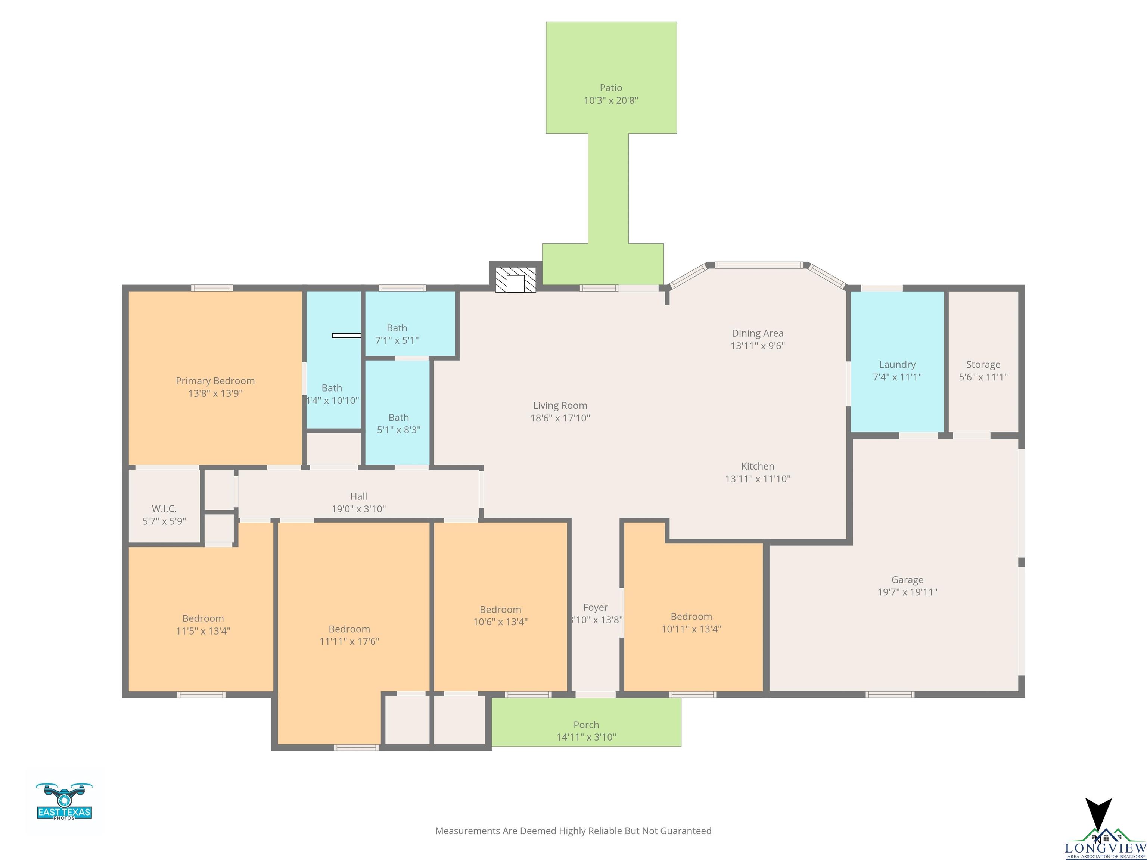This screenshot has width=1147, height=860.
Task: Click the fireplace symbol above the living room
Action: [x=515, y=280]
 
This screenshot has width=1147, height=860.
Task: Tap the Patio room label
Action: [x=611, y=88]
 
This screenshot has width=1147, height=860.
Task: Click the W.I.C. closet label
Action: [x=164, y=508]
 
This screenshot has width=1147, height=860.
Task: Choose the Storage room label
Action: [x=983, y=364]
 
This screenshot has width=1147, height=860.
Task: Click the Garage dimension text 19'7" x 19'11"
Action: [x=907, y=592]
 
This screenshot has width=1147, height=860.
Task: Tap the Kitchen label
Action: [x=758, y=466]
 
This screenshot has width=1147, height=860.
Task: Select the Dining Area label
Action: [x=758, y=333]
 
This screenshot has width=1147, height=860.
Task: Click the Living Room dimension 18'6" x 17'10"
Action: [x=560, y=418]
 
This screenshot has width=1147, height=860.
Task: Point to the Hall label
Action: [x=358, y=496]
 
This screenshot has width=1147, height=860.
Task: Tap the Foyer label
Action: [x=595, y=607]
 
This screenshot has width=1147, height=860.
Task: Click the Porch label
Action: [x=586, y=725]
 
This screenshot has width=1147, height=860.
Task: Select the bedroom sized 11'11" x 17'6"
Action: [x=349, y=635]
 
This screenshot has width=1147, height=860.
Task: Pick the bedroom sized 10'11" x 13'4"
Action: [x=691, y=623]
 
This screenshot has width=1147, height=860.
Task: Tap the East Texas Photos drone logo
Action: [x=64, y=801]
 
